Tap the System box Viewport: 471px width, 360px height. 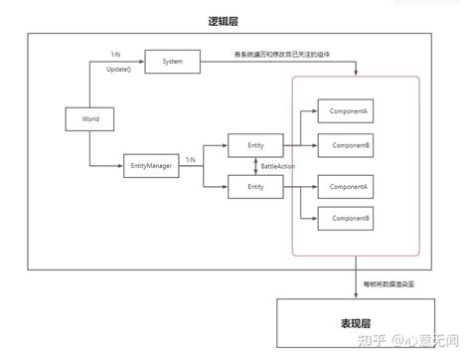click(171, 63)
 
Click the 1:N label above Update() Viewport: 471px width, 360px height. click(116, 53)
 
